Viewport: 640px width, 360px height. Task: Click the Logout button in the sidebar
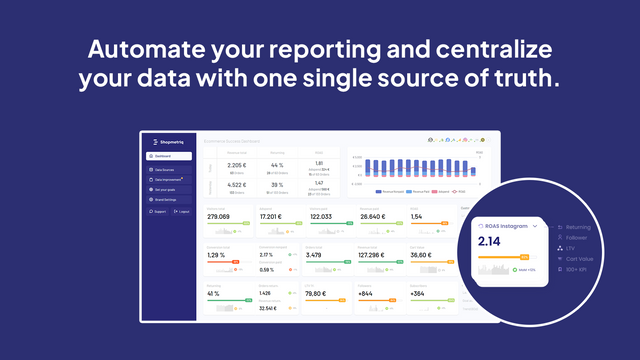point(183,211)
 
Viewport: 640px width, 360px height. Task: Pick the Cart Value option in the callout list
point(580,259)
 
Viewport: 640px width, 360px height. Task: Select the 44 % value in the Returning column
point(279,164)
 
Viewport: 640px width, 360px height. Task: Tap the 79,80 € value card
point(318,293)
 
